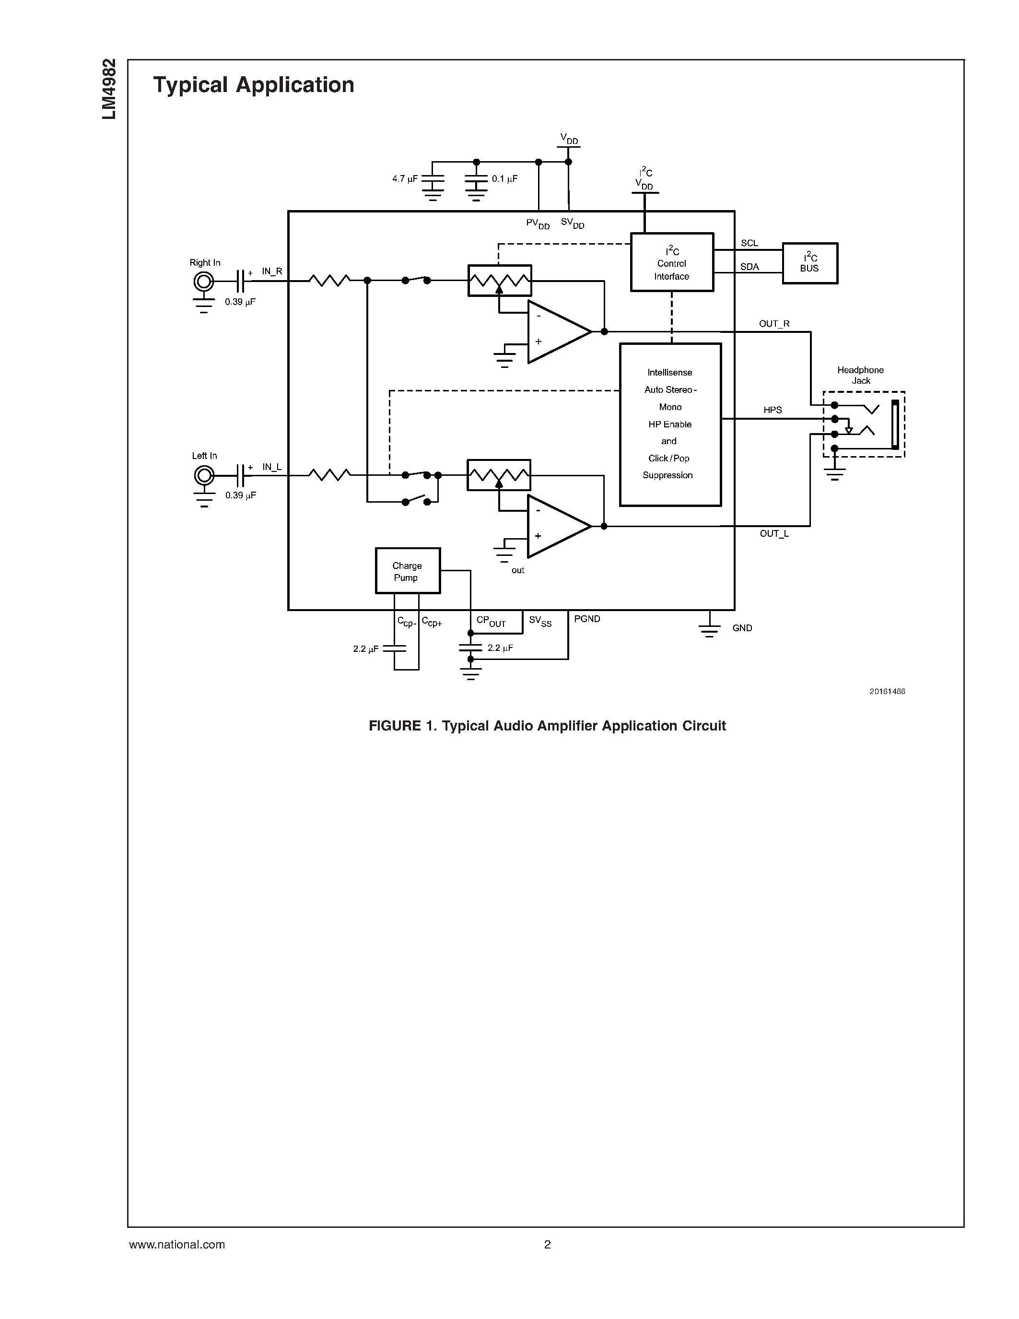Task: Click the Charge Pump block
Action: pos(408,571)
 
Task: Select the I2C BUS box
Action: pos(809,263)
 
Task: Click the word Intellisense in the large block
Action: pos(669,373)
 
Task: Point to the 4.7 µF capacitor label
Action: pos(404,179)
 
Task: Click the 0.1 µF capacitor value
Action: pos(504,179)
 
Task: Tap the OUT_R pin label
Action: pos(774,324)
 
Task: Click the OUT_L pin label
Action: pos(774,534)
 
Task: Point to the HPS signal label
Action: pos(772,410)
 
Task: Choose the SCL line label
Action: pos(749,243)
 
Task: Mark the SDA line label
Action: pos(749,267)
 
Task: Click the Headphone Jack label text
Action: pos(860,375)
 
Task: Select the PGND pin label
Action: pos(587,619)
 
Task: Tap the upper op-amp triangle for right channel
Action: pos(555,331)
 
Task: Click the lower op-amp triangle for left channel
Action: pos(555,527)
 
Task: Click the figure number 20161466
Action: pos(887,692)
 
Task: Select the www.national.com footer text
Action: pos(177,1245)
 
